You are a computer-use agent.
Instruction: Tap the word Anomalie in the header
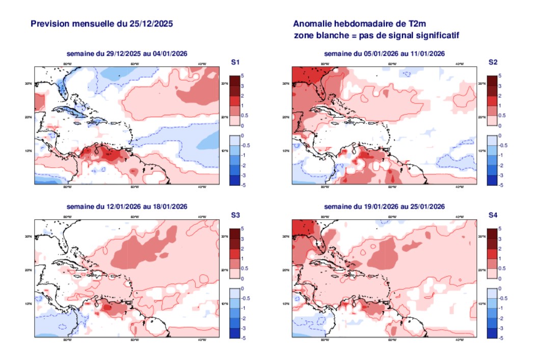(x=313, y=23)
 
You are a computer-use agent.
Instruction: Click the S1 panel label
(x=235, y=62)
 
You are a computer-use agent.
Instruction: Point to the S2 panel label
(x=493, y=62)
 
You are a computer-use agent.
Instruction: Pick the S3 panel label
(x=235, y=215)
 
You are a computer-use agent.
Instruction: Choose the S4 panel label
(x=493, y=215)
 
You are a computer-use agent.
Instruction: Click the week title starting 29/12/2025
(x=127, y=54)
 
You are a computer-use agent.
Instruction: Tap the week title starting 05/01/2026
(x=385, y=54)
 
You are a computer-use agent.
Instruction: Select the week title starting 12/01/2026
(x=127, y=207)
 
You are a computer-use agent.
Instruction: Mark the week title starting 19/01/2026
(x=385, y=207)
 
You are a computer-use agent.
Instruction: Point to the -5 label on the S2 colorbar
(x=501, y=185)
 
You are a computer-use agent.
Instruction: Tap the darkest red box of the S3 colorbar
(x=234, y=234)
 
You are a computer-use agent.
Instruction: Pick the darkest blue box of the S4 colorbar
(x=492, y=333)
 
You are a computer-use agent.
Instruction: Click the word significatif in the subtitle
(x=438, y=35)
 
